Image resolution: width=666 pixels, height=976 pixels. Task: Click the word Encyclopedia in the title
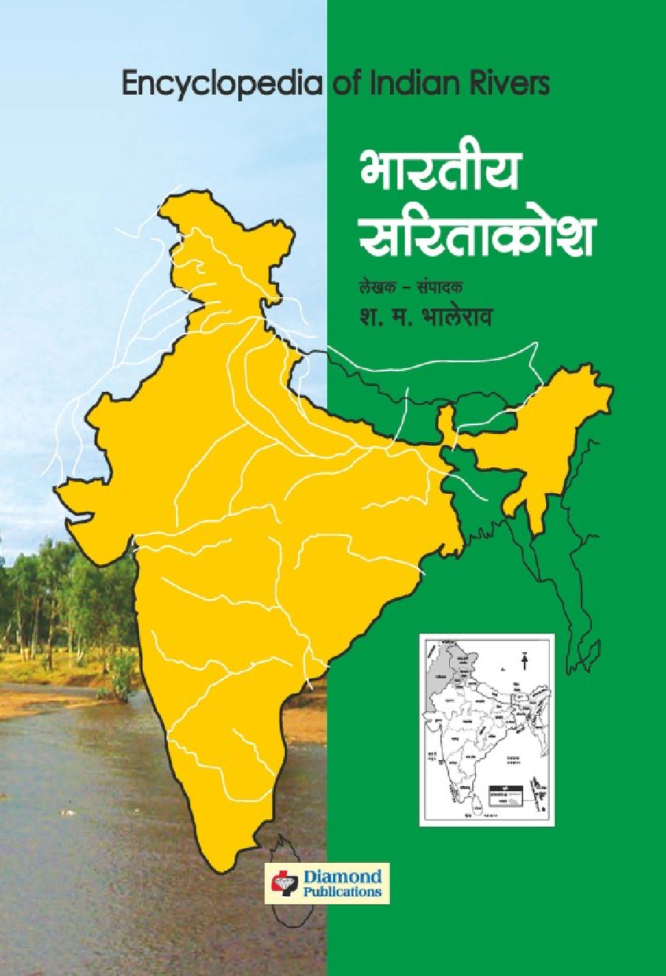221,84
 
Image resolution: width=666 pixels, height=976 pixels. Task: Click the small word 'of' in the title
345,83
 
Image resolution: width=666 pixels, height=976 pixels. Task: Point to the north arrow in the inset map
525,660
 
